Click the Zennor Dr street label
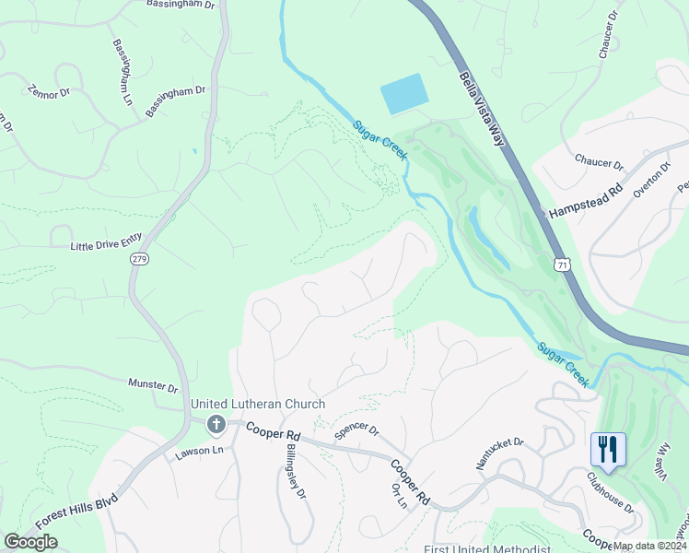(x=49, y=92)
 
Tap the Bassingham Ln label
(x=123, y=71)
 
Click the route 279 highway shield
(x=139, y=258)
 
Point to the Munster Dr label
(x=153, y=384)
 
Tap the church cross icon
(x=216, y=424)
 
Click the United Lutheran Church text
(x=257, y=405)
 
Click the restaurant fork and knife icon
(x=608, y=449)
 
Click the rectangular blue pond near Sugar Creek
(x=404, y=94)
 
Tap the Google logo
(x=31, y=542)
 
